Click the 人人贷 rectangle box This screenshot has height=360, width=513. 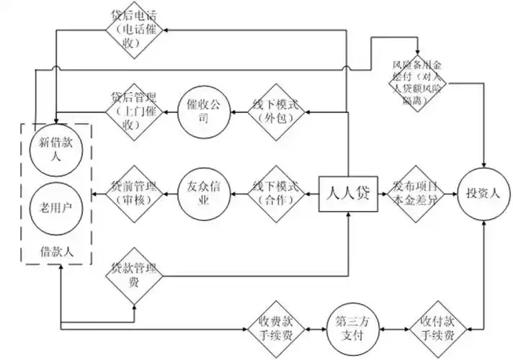click(x=349, y=194)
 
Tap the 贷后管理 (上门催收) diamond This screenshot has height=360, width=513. click(x=135, y=112)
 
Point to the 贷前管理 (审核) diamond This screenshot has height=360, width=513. click(x=135, y=194)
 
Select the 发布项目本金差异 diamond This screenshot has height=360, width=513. click(x=418, y=194)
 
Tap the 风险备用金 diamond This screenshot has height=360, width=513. click(x=418, y=82)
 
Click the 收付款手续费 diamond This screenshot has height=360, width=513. click(x=437, y=328)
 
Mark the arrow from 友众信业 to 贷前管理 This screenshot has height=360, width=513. click(x=171, y=194)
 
